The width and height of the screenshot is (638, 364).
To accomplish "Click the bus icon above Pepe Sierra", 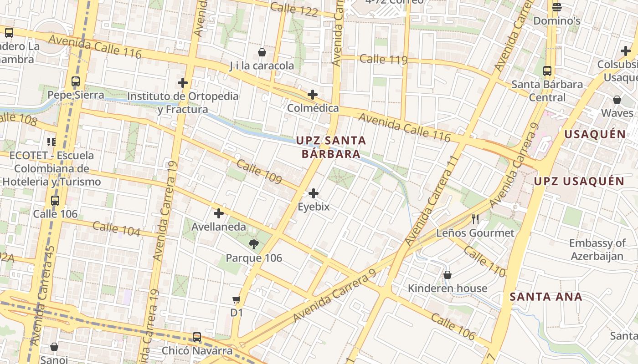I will click(x=76, y=82).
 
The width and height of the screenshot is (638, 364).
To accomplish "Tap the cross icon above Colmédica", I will click(x=313, y=95).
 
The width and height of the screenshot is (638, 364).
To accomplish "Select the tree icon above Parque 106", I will click(x=254, y=244).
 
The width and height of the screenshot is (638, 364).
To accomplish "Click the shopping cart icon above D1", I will click(x=236, y=299).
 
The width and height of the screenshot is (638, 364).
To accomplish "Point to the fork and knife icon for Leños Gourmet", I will click(x=475, y=219).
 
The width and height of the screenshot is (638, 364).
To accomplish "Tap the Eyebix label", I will click(x=314, y=207).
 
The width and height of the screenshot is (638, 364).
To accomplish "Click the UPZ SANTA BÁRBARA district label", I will click(x=331, y=147).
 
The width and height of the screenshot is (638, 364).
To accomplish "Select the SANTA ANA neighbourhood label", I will click(x=546, y=297).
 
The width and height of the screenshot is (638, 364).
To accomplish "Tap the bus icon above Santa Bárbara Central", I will click(x=547, y=71).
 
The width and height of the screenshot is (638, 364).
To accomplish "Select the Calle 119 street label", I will click(x=383, y=59).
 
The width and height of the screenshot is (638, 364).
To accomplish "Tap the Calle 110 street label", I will click(x=485, y=263).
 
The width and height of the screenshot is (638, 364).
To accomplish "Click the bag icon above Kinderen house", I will click(x=448, y=275).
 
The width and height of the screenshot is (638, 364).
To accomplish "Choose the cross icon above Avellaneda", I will click(x=219, y=213).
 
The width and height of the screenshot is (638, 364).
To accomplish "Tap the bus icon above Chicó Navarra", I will click(x=197, y=337).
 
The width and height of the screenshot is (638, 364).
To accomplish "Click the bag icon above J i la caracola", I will click(x=262, y=52).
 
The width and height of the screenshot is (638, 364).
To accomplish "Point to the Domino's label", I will click(x=556, y=21).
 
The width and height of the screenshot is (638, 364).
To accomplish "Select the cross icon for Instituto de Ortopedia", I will click(x=183, y=83).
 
